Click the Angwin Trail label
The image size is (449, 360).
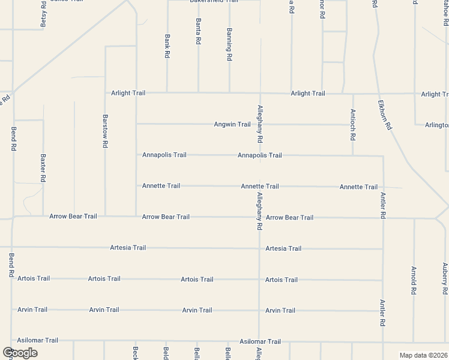coord(232,124)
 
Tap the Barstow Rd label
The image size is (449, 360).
coord(105,131)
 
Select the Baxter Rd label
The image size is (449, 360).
coord(43,168)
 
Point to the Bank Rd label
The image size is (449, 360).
coord(167,46)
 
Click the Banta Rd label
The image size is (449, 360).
coord(198,31)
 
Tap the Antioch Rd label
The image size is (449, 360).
coord(352,124)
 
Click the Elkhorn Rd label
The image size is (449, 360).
coord(385,115)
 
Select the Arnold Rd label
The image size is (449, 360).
coord(414,280)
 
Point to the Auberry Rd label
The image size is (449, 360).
coord(445,279)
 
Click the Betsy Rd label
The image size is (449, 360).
coord(43,15)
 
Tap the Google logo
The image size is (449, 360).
coord(20,352)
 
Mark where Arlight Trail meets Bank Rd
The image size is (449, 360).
coord(167,93)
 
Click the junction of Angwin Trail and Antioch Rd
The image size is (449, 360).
coord(352,125)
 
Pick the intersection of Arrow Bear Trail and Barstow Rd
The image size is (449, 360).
coord(105,216)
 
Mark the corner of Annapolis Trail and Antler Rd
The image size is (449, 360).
coord(383,156)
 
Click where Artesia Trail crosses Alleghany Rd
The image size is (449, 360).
coord(259,248)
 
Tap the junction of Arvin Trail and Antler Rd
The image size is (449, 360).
coord(383,311)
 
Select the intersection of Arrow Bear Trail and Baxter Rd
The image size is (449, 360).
coord(43,216)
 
